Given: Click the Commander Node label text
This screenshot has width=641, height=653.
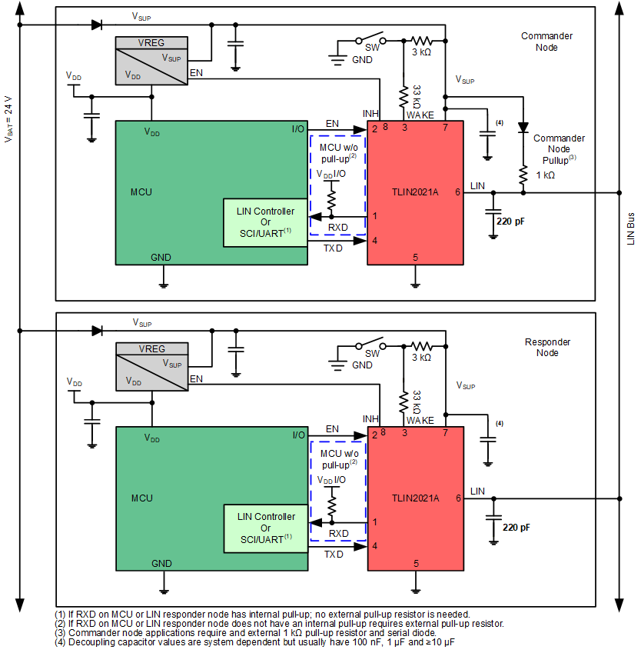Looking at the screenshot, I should coord(546,42).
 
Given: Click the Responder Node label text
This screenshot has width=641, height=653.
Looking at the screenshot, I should coord(547,347).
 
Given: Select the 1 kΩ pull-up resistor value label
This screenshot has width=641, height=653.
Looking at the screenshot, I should coord(545,175).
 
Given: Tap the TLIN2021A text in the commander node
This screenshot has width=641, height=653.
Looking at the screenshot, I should coord(413,192).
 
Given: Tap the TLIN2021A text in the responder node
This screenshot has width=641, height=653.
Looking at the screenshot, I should coord(414,498).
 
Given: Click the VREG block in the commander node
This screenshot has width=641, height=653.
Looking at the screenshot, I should coord(151,60).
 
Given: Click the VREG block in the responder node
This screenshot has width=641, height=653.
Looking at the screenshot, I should coord(151,365).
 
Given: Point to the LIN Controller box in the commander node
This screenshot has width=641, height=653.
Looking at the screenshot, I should coord(265,222).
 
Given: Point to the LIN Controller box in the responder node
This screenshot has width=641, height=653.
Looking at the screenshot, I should coord(265,528).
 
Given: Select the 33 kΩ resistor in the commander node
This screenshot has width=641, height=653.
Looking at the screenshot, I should coord(403,97).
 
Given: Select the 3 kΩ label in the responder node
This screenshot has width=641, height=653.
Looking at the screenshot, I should coord(420,357).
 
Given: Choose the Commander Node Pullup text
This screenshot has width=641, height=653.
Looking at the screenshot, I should coord(559,148).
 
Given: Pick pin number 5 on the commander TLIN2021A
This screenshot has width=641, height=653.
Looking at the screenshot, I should coord(415,258).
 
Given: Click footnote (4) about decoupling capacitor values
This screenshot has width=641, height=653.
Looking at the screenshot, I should coord(254,641).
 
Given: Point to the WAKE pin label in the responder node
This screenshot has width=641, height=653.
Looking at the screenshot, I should coord(420,420).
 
